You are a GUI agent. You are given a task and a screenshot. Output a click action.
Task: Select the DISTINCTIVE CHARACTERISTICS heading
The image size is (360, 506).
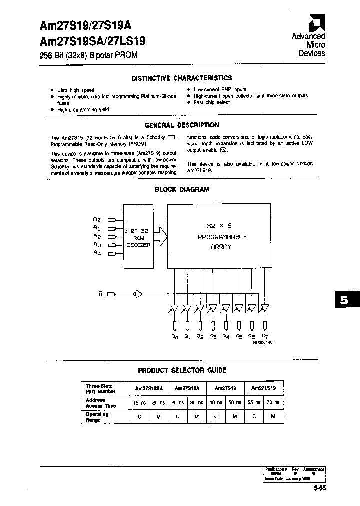click(x=181, y=78)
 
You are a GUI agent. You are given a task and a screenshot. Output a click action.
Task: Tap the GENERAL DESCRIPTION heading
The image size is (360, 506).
click(x=181, y=125)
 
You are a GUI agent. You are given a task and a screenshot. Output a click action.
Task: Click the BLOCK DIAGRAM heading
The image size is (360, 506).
click(x=181, y=190)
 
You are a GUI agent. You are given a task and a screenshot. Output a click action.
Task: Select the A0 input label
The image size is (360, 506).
click(x=97, y=219)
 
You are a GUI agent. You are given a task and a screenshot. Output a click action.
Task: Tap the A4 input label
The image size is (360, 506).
click(x=97, y=253)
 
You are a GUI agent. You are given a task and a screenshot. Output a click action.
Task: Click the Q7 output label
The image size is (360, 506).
click(x=265, y=337)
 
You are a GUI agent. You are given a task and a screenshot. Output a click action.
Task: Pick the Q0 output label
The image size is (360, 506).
click(x=174, y=337)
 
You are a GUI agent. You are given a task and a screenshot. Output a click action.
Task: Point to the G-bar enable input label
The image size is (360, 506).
click(x=100, y=294)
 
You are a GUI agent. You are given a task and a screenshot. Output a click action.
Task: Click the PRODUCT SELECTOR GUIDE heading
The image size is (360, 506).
click(x=182, y=370)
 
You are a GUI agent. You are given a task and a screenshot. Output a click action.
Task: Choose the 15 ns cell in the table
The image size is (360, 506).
click(x=136, y=402)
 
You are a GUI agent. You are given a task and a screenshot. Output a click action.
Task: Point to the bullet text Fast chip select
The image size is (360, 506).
click(x=212, y=102)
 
